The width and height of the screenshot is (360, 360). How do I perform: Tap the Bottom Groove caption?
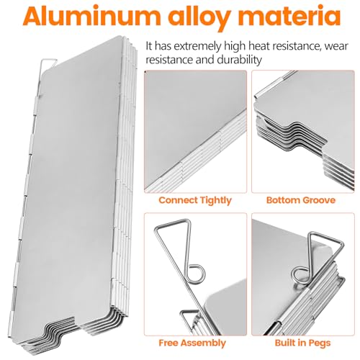299,199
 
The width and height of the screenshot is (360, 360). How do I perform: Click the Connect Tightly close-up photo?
194,133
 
